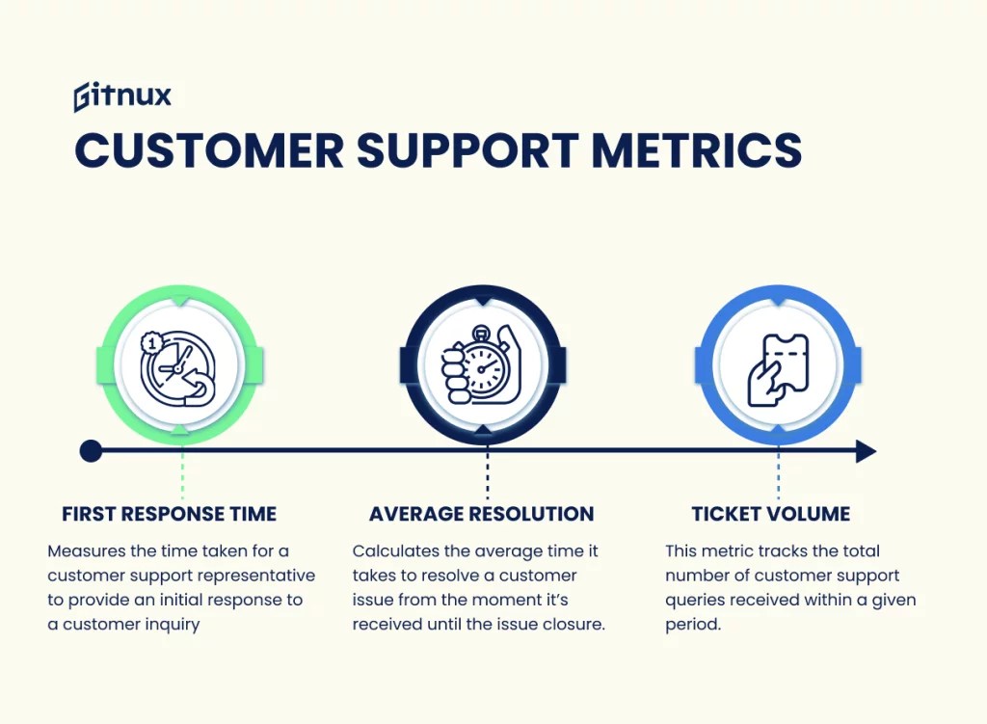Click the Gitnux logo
pos(122,97)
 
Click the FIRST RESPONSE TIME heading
pos(169,514)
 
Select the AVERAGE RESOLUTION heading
pos(481,514)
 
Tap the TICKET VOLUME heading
pos(771,514)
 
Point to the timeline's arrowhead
pos(866,451)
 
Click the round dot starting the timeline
pos(91,451)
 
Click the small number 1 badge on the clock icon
pos(150,341)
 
